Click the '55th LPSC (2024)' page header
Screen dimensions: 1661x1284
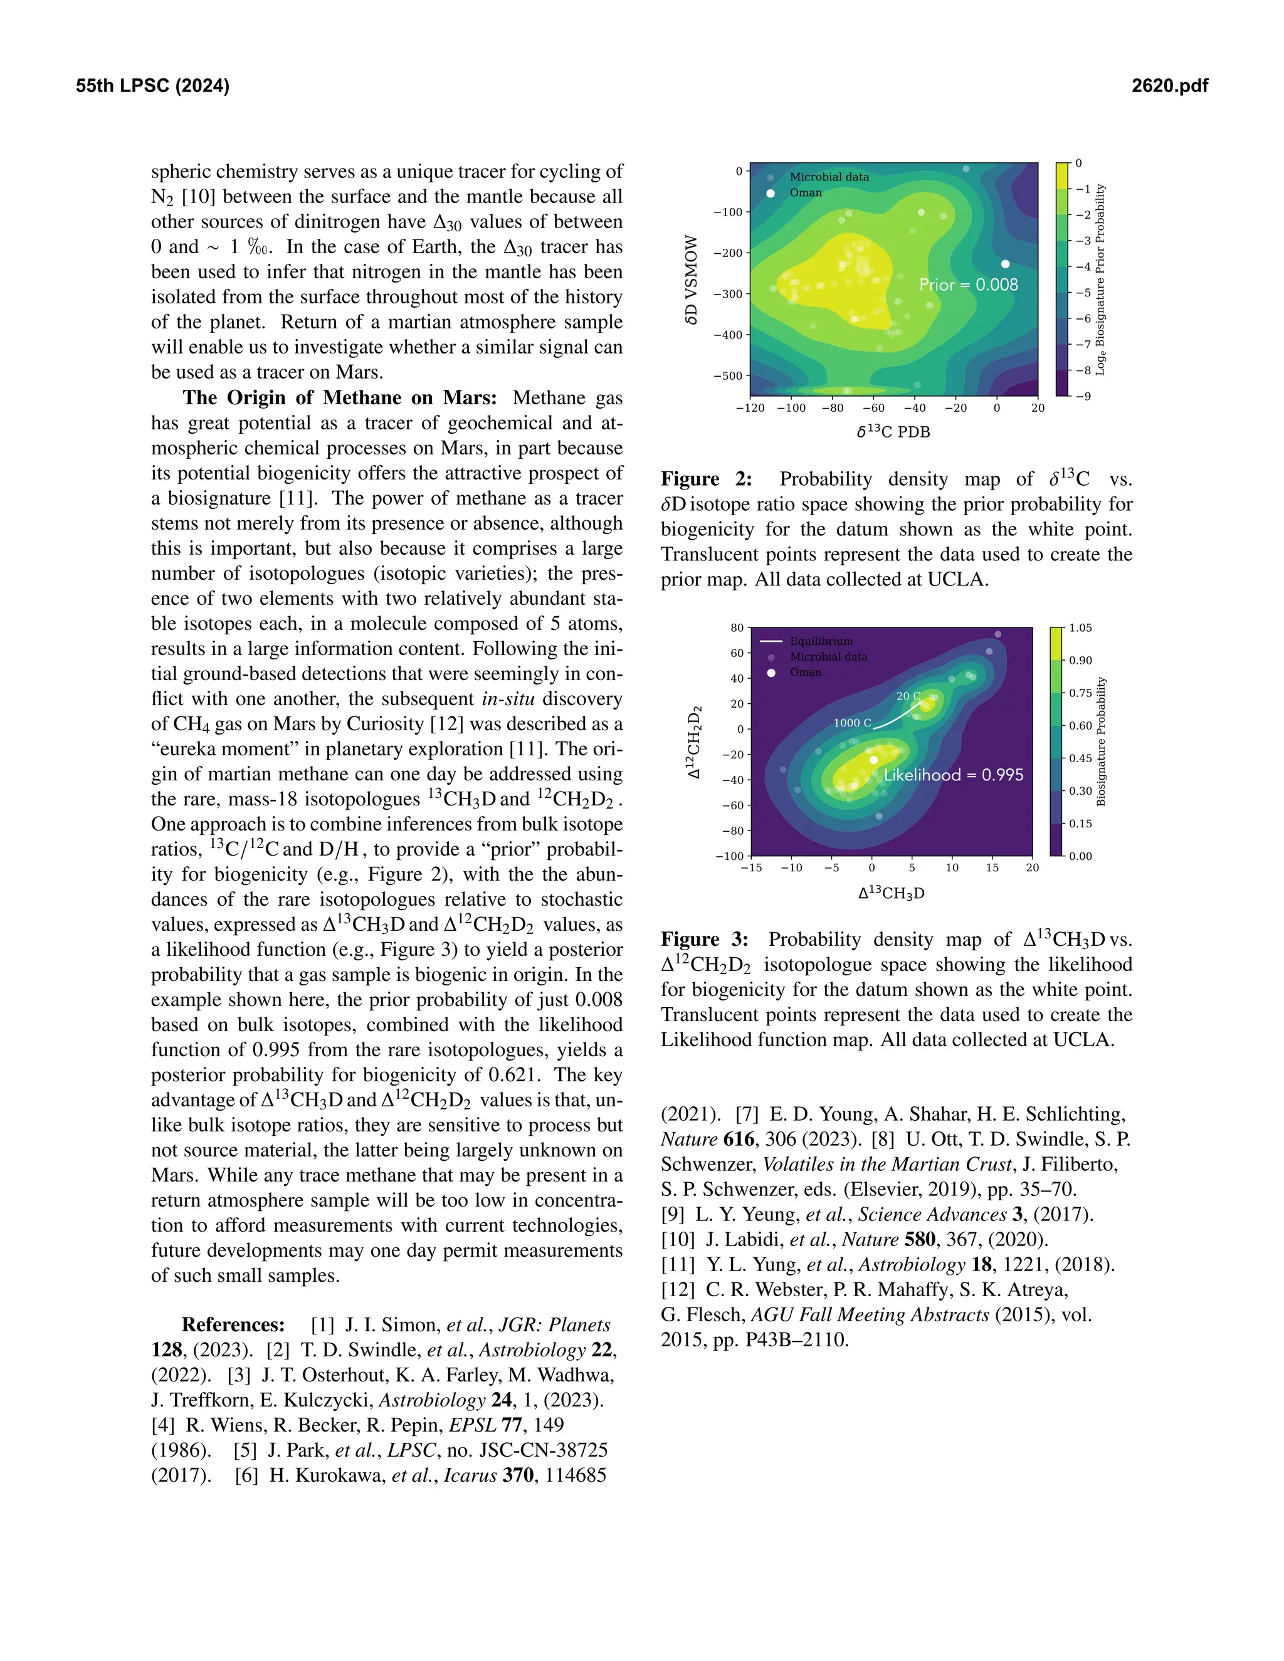(x=152, y=86)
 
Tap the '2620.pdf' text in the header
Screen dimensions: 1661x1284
(x=1169, y=86)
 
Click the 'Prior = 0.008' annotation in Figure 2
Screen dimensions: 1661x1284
(x=967, y=285)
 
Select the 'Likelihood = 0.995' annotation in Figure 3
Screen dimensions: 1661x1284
(x=953, y=775)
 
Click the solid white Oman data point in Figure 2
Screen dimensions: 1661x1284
(x=1005, y=264)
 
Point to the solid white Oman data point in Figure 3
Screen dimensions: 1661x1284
(x=873, y=760)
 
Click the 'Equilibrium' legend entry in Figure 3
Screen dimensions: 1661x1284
(x=821, y=641)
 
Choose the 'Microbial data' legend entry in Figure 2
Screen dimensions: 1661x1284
(x=828, y=177)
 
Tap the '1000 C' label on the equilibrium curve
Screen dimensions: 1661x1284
(x=852, y=723)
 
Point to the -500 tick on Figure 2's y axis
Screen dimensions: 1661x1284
(x=728, y=375)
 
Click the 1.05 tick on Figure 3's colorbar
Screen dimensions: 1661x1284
(x=1080, y=628)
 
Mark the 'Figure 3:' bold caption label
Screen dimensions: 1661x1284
(x=703, y=940)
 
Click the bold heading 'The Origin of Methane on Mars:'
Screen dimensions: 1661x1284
(x=339, y=398)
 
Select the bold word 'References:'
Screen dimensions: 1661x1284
(x=233, y=1325)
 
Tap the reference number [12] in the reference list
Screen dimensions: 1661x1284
(x=678, y=1290)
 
